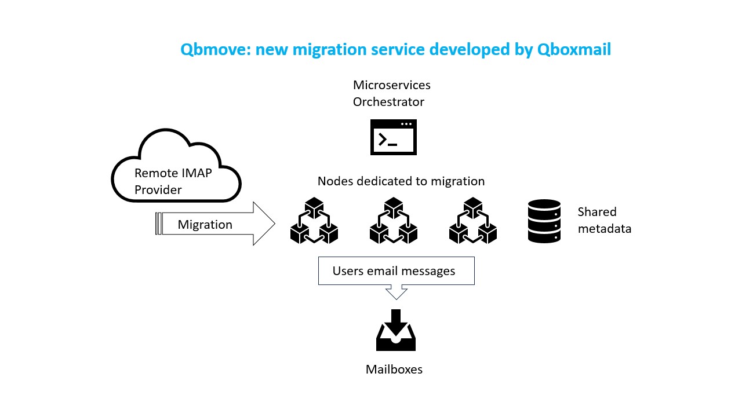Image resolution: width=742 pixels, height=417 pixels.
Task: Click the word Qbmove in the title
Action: tap(215, 50)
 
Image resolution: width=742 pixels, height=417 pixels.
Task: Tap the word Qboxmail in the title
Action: tap(574, 50)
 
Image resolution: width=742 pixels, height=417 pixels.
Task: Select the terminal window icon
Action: tap(394, 137)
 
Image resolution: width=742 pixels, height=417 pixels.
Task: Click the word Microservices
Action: tap(391, 85)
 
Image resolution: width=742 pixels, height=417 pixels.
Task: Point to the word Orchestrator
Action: tap(388, 102)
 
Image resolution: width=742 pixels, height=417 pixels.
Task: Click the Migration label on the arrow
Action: tap(205, 224)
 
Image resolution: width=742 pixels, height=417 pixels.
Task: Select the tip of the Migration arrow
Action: tap(275, 224)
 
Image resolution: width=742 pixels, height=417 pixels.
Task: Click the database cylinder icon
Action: tap(544, 221)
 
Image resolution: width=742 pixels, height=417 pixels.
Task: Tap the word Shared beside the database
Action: tap(597, 212)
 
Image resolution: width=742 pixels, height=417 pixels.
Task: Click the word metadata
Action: tap(605, 229)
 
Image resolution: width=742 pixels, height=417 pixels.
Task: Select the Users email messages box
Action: tap(396, 270)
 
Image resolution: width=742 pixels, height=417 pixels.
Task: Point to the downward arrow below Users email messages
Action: tap(396, 292)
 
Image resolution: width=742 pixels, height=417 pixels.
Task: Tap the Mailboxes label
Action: tap(394, 370)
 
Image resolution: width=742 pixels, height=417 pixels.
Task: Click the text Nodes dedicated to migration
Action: tap(401, 181)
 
